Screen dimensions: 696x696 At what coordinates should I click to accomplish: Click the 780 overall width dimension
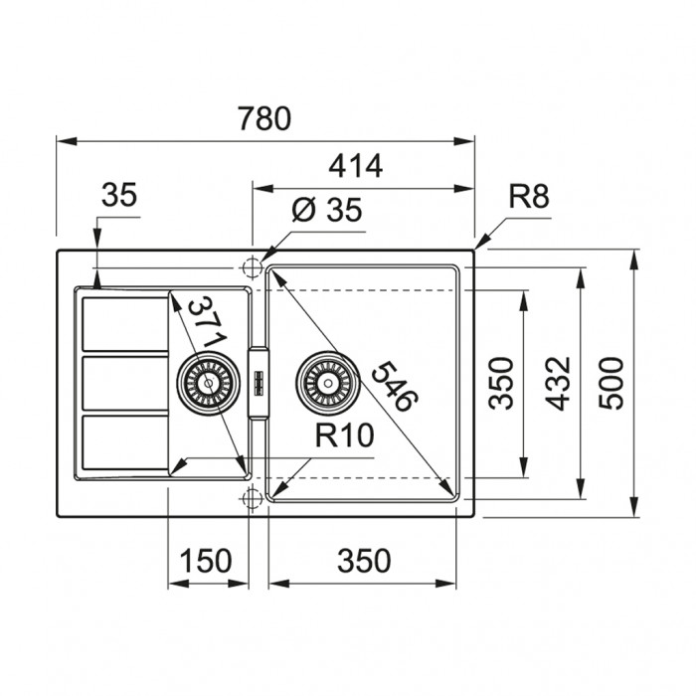coord(264,118)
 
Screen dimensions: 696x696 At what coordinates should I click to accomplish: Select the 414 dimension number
coord(355,166)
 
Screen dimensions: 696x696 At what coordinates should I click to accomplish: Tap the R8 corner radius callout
coord(529,196)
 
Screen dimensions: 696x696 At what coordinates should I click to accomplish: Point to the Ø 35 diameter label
coord(327,210)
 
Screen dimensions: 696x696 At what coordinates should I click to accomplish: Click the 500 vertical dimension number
coord(611,383)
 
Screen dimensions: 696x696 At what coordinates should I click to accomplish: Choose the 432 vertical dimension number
coord(558,383)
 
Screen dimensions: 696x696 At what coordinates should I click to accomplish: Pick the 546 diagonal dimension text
coord(395,386)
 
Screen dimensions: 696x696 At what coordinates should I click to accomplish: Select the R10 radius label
coord(344,435)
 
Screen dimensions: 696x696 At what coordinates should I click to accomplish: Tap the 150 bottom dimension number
coord(205,560)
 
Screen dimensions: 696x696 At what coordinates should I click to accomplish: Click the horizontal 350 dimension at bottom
coord(364,560)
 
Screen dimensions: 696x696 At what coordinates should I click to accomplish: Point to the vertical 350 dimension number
coord(501,383)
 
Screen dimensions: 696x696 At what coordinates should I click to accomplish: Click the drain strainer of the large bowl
coord(328,383)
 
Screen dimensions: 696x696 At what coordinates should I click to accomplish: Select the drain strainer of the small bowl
coord(208,383)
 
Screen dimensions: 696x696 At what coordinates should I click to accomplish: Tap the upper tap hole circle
coord(252,267)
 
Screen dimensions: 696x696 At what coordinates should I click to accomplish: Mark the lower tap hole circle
coord(252,498)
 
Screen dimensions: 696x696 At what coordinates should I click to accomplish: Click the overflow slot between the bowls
coord(259,383)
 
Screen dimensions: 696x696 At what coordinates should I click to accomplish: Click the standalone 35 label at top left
coord(119,195)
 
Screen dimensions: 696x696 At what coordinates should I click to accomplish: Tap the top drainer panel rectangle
coord(125,324)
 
